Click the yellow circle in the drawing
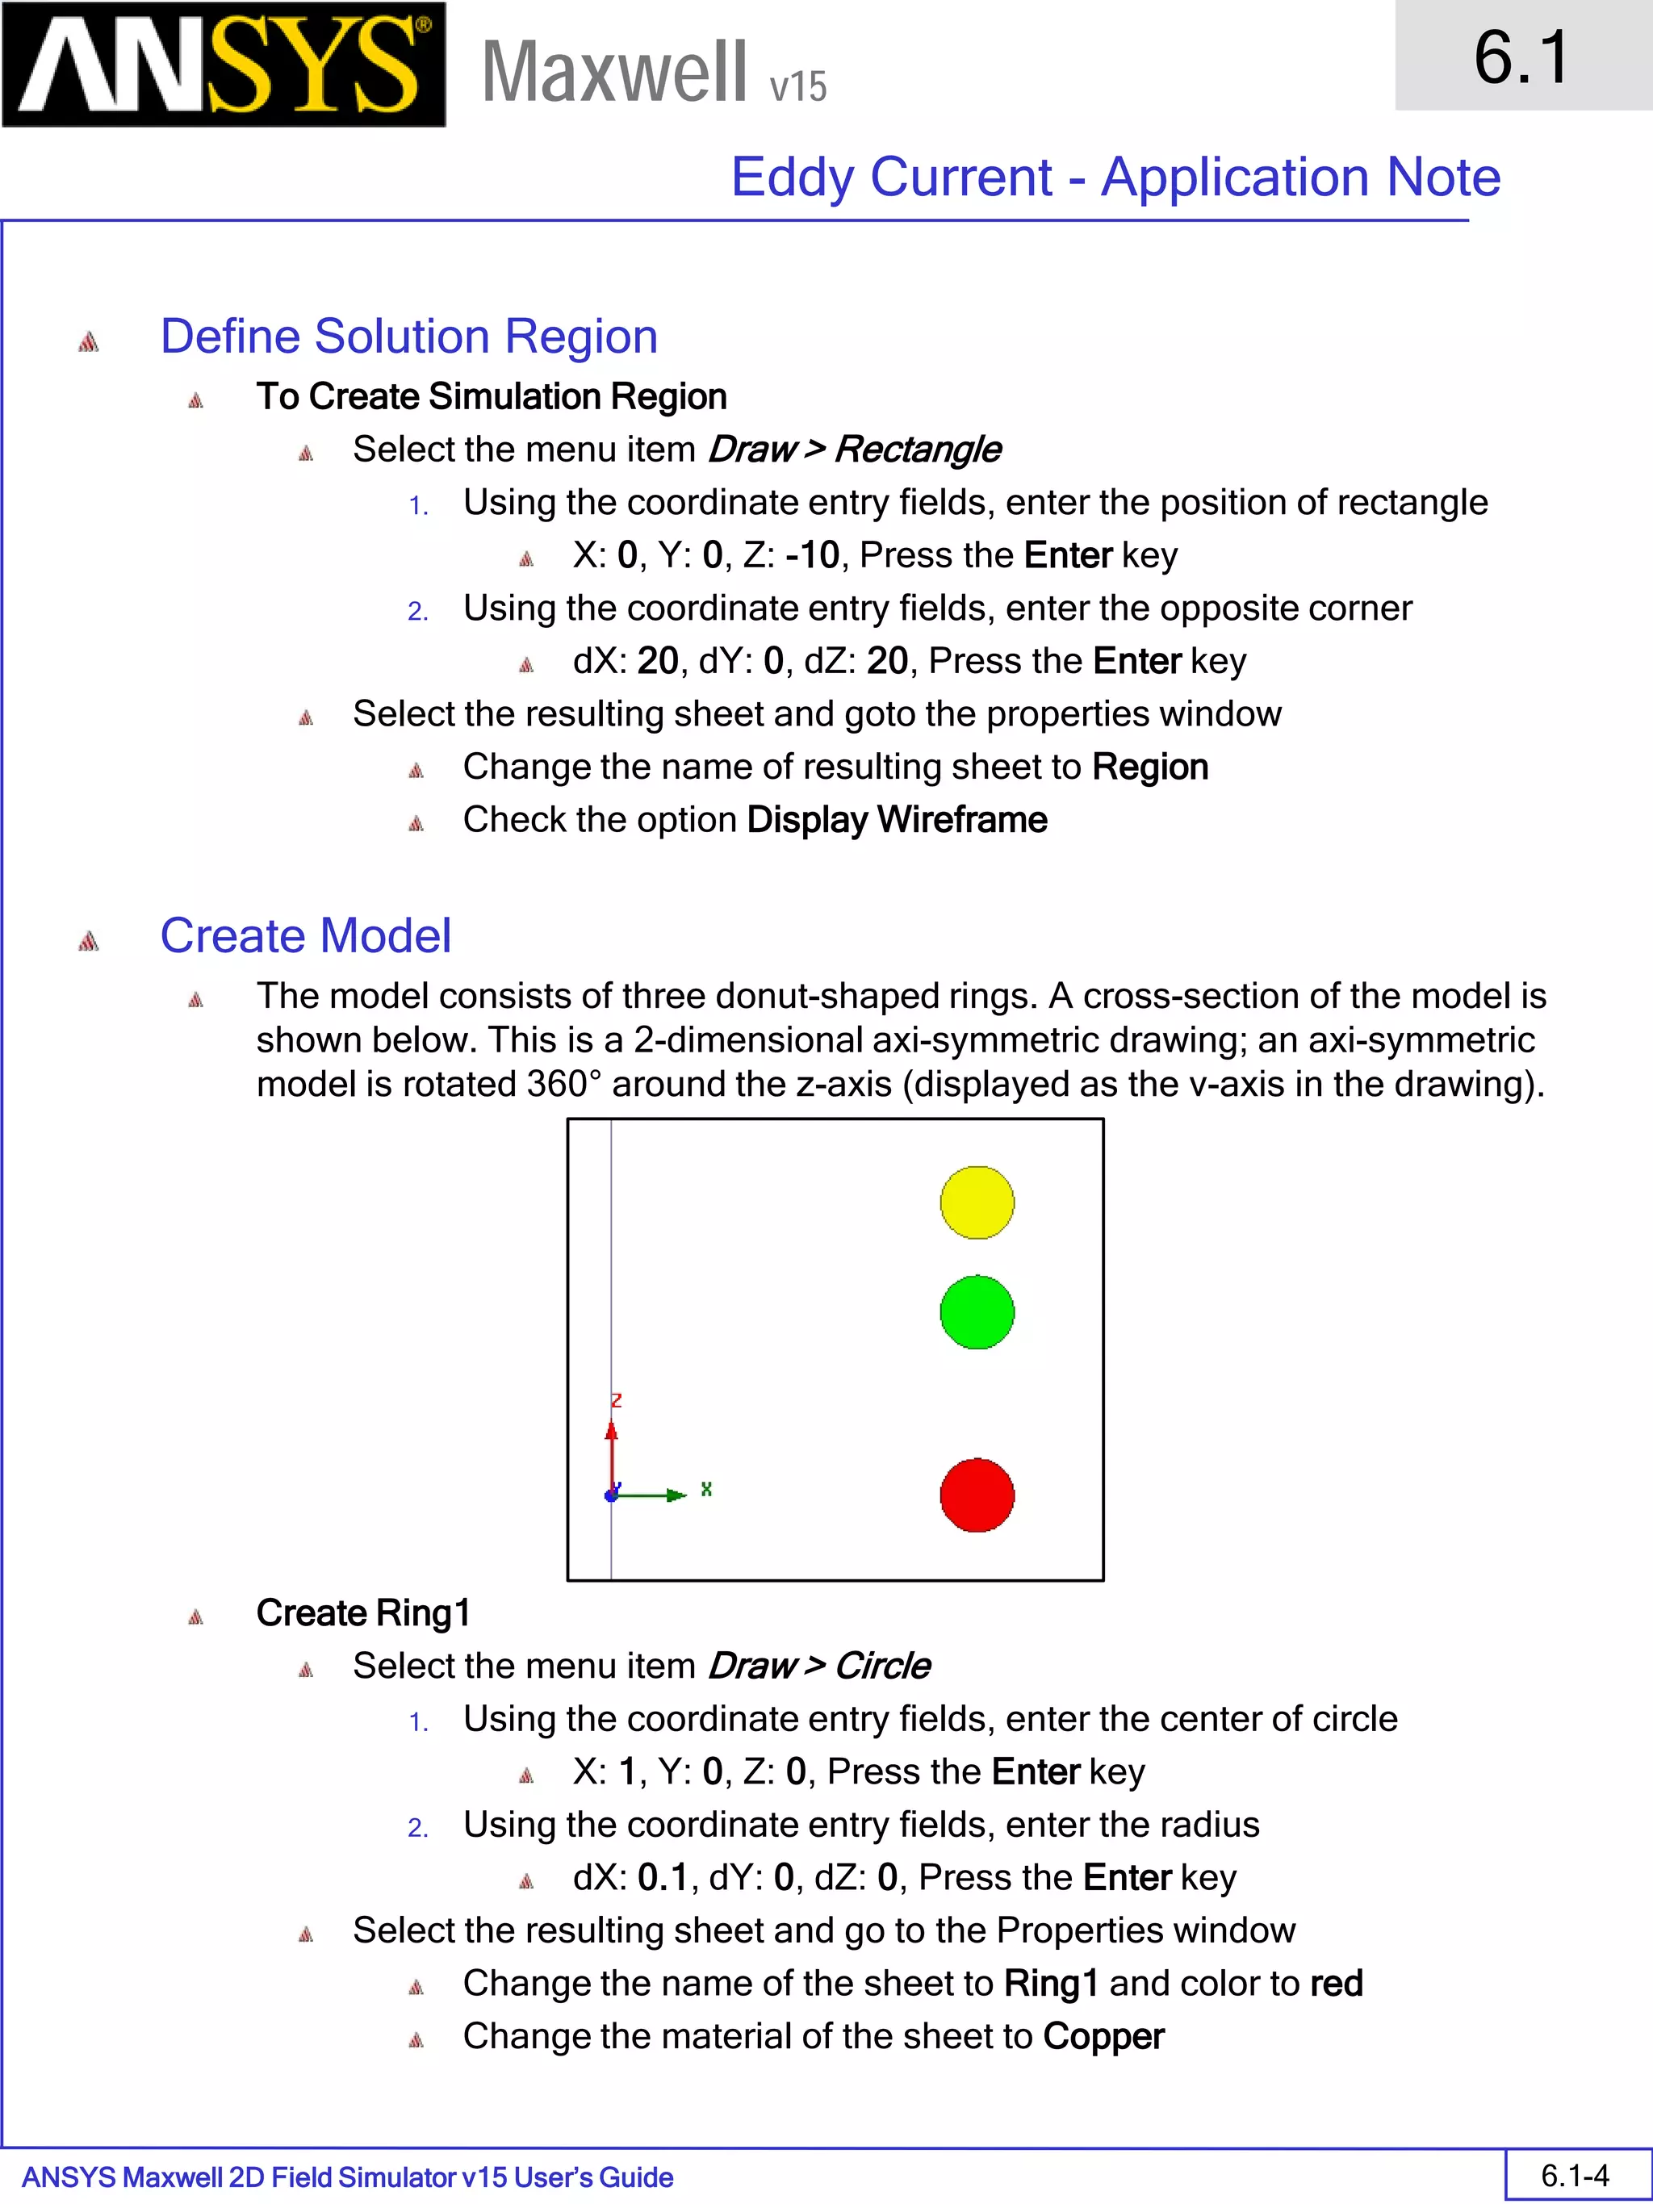click(x=977, y=1202)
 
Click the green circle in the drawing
click(x=977, y=1312)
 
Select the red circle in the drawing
click(x=977, y=1495)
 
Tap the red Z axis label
click(x=616, y=1400)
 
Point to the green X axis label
click(x=705, y=1489)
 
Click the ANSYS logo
click(x=224, y=65)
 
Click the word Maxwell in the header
click(x=613, y=72)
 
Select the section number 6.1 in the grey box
click(x=1521, y=56)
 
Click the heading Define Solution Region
click(x=408, y=336)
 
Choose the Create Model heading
click(x=305, y=935)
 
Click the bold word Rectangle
click(x=917, y=450)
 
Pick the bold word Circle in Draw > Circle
click(x=882, y=1666)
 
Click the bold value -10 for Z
click(x=812, y=555)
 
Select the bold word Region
click(x=1150, y=767)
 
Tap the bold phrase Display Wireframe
click(x=897, y=820)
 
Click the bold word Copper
click(x=1103, y=2037)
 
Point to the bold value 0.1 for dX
click(x=663, y=1878)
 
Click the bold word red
click(x=1336, y=1984)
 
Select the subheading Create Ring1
click(x=362, y=1613)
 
